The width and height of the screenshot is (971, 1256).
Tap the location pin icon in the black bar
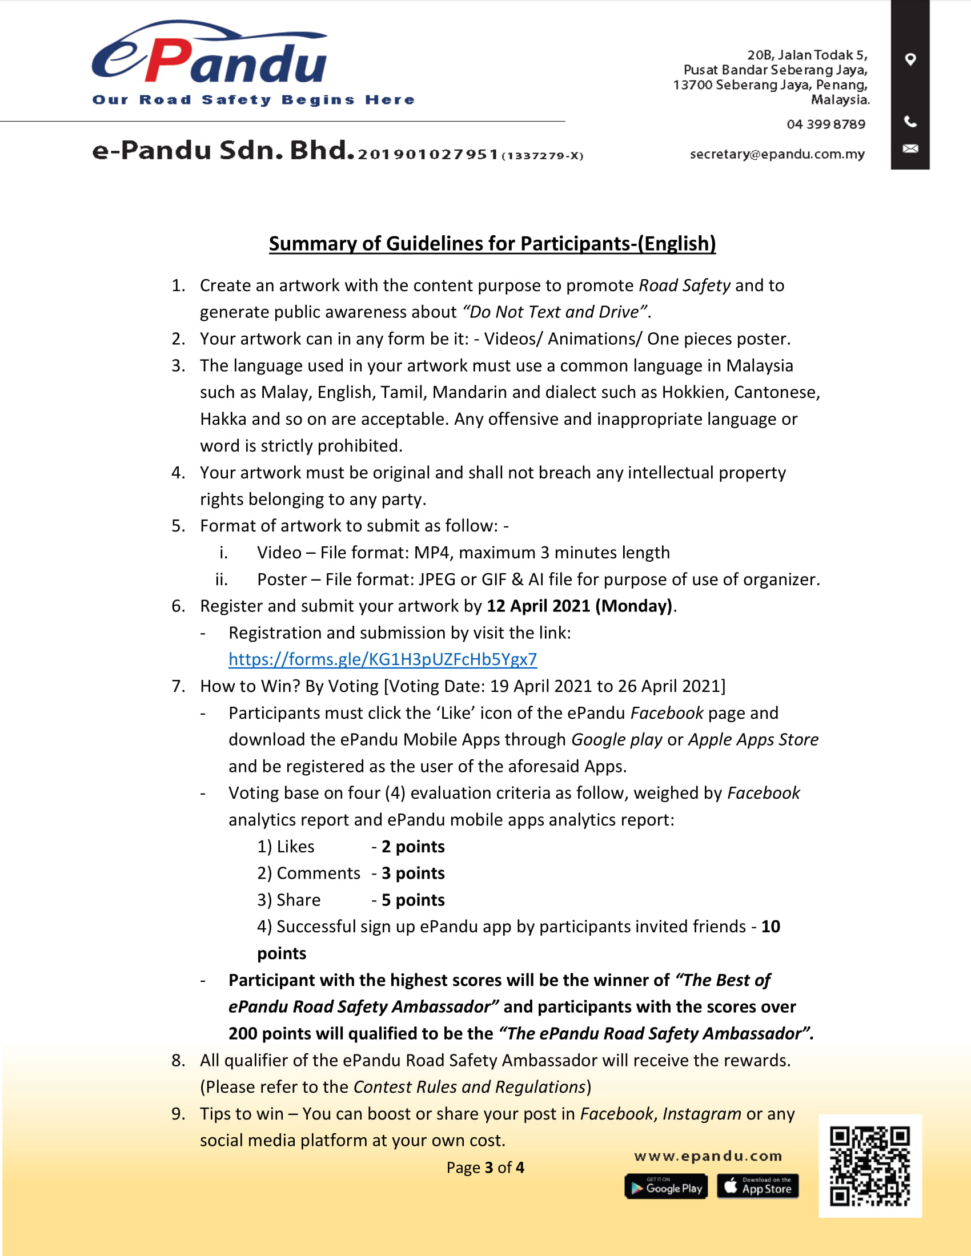click(x=910, y=59)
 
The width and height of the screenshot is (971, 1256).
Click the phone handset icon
click(x=910, y=122)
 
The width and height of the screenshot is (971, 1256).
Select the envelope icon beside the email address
click(x=910, y=149)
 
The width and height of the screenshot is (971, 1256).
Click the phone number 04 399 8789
click(x=825, y=124)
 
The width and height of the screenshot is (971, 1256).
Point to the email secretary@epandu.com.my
click(x=777, y=154)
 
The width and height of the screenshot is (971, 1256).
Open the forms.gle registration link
click(x=383, y=659)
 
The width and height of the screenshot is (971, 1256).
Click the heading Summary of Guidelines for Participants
click(x=492, y=244)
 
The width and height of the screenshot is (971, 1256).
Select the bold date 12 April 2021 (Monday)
click(x=579, y=606)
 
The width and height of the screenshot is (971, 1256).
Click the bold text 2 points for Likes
click(x=413, y=847)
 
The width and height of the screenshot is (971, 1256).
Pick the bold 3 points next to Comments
click(x=413, y=873)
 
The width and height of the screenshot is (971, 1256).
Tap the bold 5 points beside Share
click(x=413, y=900)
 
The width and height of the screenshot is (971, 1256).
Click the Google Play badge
click(x=665, y=1186)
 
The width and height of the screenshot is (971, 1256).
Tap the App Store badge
click(x=757, y=1186)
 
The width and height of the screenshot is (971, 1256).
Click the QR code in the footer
click(x=870, y=1166)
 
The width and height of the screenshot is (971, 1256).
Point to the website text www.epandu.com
click(x=708, y=1156)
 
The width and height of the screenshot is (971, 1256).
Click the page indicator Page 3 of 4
click(x=485, y=1168)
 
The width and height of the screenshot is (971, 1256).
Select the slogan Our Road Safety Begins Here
click(x=253, y=100)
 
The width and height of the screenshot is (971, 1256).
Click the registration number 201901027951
click(x=427, y=155)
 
